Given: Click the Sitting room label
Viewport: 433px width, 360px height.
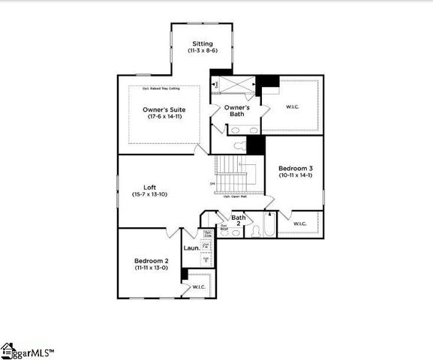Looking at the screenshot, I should pyautogui.click(x=202, y=43).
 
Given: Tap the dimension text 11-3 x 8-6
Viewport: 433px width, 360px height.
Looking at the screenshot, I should pyautogui.click(x=202, y=51).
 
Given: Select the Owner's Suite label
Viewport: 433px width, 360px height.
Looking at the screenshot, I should pyautogui.click(x=164, y=109).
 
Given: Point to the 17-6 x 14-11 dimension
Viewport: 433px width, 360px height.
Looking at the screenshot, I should pyautogui.click(x=164, y=118).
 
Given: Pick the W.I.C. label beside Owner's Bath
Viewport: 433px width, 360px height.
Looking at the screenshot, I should pyautogui.click(x=293, y=106).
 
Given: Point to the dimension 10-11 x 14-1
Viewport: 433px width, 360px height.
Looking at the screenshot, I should pyautogui.click(x=295, y=175).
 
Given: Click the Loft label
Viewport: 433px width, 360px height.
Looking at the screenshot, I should pyautogui.click(x=150, y=187).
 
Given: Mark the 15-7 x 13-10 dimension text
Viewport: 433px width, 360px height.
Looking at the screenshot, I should pyautogui.click(x=150, y=195).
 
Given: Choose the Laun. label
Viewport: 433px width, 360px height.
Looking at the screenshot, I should pyautogui.click(x=191, y=247).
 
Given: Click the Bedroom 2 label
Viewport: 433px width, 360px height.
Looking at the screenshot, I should pyautogui.click(x=150, y=259).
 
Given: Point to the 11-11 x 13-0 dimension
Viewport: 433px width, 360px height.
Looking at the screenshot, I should pyautogui.click(x=150, y=268).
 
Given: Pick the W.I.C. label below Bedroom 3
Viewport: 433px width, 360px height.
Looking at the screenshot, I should pyautogui.click(x=300, y=223).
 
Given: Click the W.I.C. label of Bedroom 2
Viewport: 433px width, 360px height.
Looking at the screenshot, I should pyautogui.click(x=199, y=286).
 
